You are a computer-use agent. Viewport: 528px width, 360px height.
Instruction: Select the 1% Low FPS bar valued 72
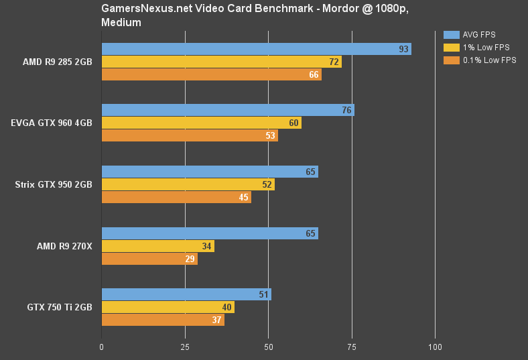pos(221,62)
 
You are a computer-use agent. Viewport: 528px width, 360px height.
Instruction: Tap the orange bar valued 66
pos(211,74)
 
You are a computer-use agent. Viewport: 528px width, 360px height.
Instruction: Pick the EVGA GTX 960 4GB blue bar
pos(228,110)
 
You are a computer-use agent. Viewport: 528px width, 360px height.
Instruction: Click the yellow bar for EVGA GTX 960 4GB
pos(201,123)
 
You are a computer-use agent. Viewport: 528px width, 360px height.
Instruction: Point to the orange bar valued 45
pos(176,197)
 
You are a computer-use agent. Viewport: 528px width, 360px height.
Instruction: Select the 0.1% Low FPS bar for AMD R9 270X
pos(149,259)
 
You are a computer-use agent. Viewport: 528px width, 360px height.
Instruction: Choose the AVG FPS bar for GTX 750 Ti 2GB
pos(186,294)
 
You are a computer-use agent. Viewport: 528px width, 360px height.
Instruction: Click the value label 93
pos(403,49)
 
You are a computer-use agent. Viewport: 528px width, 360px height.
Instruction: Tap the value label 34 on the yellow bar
pos(207,246)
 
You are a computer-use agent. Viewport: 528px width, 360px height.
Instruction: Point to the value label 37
pos(217,320)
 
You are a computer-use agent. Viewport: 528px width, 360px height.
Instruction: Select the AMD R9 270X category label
pos(64,246)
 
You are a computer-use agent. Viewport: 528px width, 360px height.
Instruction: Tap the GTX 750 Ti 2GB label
pos(60,308)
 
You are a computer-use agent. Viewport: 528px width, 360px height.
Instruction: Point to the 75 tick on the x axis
pos(352,347)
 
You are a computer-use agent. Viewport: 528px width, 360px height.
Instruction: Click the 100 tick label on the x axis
pos(435,347)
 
